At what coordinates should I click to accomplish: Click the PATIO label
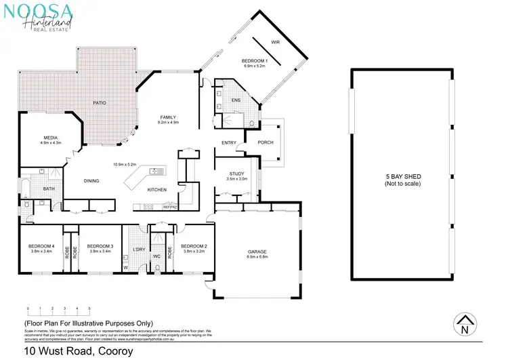[x=99, y=103]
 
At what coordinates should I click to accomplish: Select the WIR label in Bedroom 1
[x=275, y=42]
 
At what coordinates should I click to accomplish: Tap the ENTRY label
[x=228, y=142]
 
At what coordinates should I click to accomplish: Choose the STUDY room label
[x=236, y=174]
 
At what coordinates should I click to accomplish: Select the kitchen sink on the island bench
[x=154, y=172]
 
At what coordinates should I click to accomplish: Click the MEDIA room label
[x=50, y=137]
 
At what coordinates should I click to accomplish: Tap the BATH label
[x=49, y=189]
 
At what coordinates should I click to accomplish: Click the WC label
[x=156, y=256]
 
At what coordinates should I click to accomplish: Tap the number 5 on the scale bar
[x=89, y=308]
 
